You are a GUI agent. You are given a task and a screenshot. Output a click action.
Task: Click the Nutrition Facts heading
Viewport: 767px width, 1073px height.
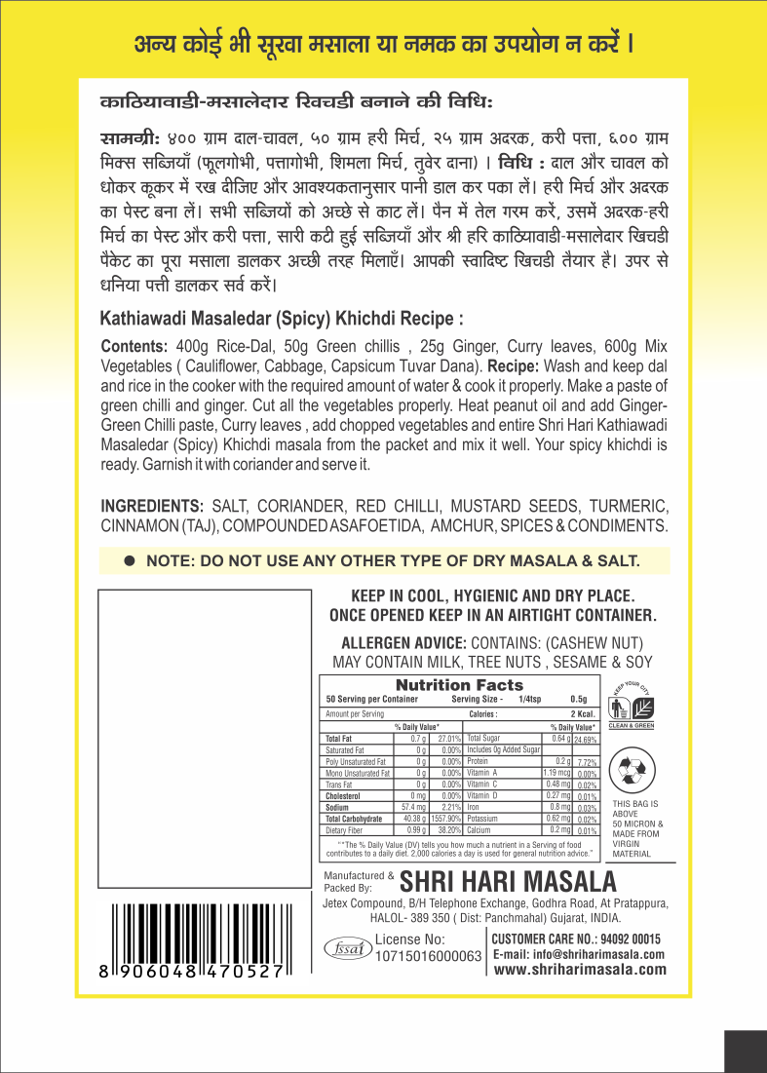click(x=459, y=685)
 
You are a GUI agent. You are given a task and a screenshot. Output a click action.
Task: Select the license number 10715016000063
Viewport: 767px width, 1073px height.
click(x=429, y=956)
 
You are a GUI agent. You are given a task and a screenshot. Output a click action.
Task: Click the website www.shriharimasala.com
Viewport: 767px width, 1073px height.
click(x=580, y=969)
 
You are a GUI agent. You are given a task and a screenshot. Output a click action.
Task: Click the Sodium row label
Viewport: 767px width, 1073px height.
click(x=338, y=808)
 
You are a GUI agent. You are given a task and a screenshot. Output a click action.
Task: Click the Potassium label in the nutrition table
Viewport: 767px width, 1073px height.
click(x=484, y=819)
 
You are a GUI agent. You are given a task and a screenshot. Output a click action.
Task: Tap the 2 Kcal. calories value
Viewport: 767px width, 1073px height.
click(x=584, y=713)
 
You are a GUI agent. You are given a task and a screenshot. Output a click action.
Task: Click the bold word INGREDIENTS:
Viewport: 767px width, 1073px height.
click(x=152, y=506)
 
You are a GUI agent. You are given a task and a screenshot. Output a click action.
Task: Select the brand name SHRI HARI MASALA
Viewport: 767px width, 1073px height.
click(x=510, y=882)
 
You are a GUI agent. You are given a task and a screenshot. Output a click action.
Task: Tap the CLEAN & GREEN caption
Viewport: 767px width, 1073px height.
click(x=631, y=725)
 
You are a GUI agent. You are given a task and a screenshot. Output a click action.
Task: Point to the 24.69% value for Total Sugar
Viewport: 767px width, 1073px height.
click(x=583, y=740)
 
